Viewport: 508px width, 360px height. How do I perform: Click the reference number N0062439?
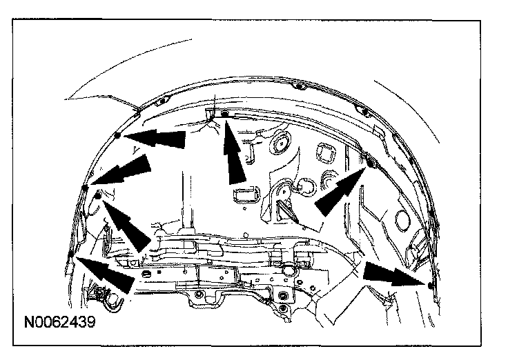pos(59,321)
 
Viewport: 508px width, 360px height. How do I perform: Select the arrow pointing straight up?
pos(235,153)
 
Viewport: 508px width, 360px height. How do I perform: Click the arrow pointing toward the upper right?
pos(340,188)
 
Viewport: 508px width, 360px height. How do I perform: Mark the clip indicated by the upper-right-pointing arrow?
pos(369,163)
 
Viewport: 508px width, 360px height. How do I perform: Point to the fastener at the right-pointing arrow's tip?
pos(430,284)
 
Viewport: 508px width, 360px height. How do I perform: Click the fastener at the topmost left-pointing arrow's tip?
pos(118,135)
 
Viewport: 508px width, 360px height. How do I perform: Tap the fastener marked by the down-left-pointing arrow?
pos(85,187)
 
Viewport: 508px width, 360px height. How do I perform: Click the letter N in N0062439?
pos(28,321)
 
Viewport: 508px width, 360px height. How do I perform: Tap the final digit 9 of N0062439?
pos(90,321)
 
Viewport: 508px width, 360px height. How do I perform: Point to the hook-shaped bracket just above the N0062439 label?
pos(107,297)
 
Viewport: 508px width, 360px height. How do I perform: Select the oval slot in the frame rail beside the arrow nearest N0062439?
pos(146,274)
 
